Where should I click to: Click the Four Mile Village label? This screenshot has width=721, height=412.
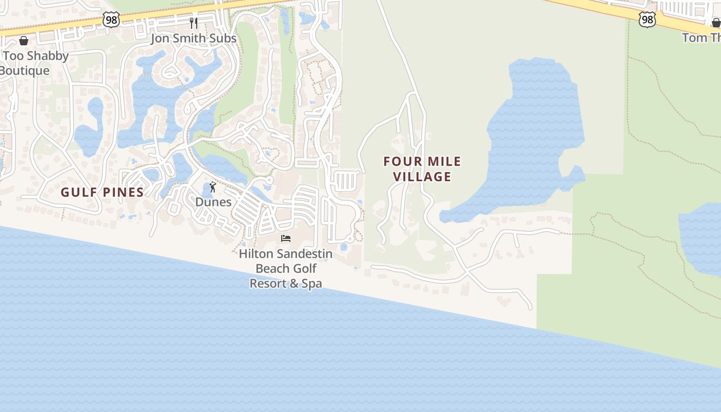(x=422, y=169)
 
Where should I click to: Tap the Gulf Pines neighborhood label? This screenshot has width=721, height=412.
(x=102, y=192)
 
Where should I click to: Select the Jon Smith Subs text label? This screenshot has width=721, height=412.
(x=194, y=38)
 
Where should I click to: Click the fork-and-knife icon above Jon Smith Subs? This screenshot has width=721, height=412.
(x=194, y=23)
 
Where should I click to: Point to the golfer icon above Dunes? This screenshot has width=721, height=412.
(x=213, y=187)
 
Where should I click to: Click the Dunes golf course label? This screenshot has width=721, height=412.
(x=213, y=202)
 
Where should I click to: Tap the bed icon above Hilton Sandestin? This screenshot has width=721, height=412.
(x=286, y=238)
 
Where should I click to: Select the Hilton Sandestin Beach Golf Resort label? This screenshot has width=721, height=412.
(x=286, y=268)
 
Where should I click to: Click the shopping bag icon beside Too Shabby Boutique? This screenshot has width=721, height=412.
(x=24, y=41)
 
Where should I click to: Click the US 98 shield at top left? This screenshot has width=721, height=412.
(x=111, y=20)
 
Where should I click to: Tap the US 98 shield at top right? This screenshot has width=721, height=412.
(x=647, y=20)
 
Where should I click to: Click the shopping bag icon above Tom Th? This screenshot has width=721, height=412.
(x=716, y=23)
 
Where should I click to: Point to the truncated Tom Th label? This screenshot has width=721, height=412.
(x=701, y=38)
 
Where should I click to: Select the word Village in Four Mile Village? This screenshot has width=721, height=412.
(x=422, y=177)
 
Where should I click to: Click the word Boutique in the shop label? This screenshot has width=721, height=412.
(x=25, y=71)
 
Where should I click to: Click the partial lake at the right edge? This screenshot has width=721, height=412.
(x=703, y=237)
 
